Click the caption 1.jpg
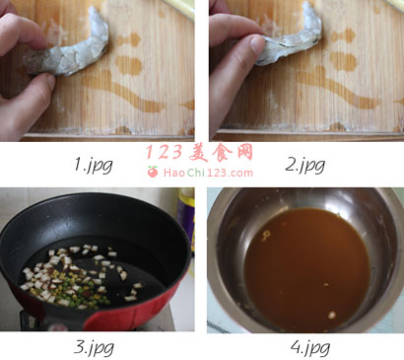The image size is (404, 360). point(94,165)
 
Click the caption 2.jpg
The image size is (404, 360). point(304,165)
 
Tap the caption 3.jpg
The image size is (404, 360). point(94,347)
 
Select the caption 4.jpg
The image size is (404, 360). point(309,347)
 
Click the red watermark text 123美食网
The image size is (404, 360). point(199,153)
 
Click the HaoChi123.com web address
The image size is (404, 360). point(208,173)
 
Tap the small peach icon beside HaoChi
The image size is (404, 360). point(153,172)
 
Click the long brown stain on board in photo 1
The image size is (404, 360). point(125,92)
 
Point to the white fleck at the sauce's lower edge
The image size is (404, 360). point(332,315)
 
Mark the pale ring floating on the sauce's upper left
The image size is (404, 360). point(266,236)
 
